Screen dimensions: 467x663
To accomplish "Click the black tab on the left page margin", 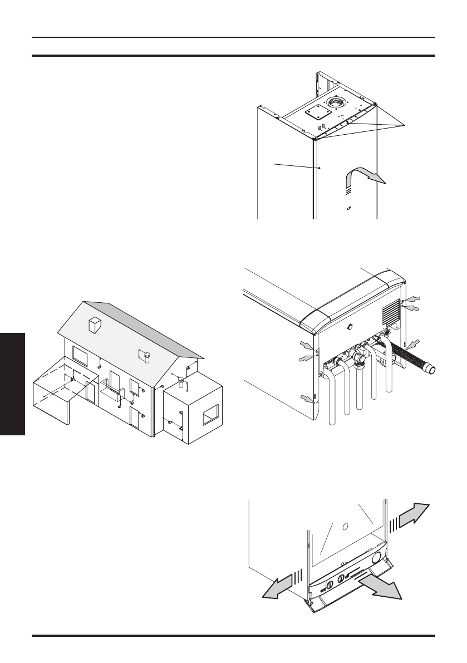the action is (12, 385).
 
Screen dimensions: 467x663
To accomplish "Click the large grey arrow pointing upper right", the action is (414, 512).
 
